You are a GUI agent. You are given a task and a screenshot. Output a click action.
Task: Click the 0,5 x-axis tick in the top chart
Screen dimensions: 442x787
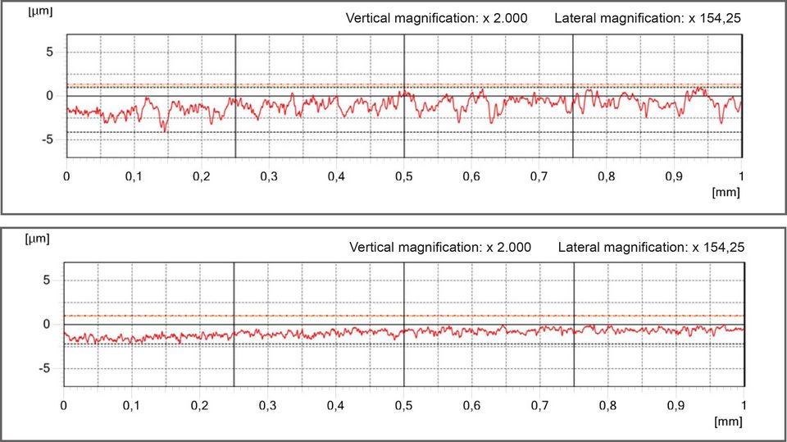click(404, 176)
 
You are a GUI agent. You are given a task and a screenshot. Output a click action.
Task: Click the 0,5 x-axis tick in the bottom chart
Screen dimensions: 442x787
click(404, 405)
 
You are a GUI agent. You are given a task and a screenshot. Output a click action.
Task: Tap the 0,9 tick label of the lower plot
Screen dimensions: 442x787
click(675, 405)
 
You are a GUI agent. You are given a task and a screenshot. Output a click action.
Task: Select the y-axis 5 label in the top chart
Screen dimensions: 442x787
click(49, 52)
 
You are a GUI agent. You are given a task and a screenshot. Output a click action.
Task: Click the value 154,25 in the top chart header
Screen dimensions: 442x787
click(716, 18)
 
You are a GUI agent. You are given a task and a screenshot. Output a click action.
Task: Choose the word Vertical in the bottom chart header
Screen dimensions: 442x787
click(371, 247)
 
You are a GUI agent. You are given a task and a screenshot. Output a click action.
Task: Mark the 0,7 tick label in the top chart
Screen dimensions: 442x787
click(539, 176)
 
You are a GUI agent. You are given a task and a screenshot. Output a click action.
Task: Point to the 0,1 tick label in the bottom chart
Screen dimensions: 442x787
click(131, 405)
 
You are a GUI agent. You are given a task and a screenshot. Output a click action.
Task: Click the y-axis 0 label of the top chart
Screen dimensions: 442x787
click(49, 96)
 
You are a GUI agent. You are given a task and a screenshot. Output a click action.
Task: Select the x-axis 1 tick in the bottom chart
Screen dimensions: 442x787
click(743, 405)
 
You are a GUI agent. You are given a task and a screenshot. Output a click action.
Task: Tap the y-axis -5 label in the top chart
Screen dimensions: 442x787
click(47, 139)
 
